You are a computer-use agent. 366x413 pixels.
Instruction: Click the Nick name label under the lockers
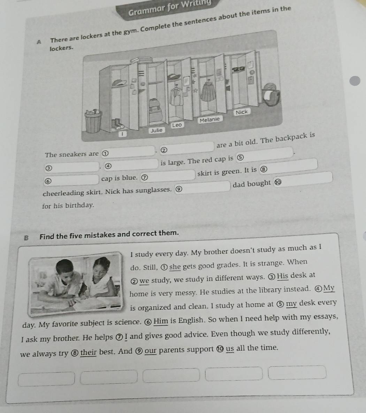(x=242, y=112)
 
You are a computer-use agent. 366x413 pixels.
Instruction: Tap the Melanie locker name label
(x=210, y=119)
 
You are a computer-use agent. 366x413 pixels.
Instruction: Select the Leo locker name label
(x=177, y=125)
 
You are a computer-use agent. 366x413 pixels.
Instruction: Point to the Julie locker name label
(x=156, y=130)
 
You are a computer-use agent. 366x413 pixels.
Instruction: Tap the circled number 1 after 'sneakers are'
(x=104, y=154)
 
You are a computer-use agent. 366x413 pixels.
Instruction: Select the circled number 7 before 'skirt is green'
(x=144, y=177)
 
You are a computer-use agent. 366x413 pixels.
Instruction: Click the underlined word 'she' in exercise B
(x=175, y=267)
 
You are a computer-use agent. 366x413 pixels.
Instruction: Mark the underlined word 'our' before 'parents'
(x=150, y=350)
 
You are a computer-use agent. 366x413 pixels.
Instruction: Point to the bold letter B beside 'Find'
(x=26, y=238)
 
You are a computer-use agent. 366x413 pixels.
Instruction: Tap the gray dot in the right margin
(x=355, y=81)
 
